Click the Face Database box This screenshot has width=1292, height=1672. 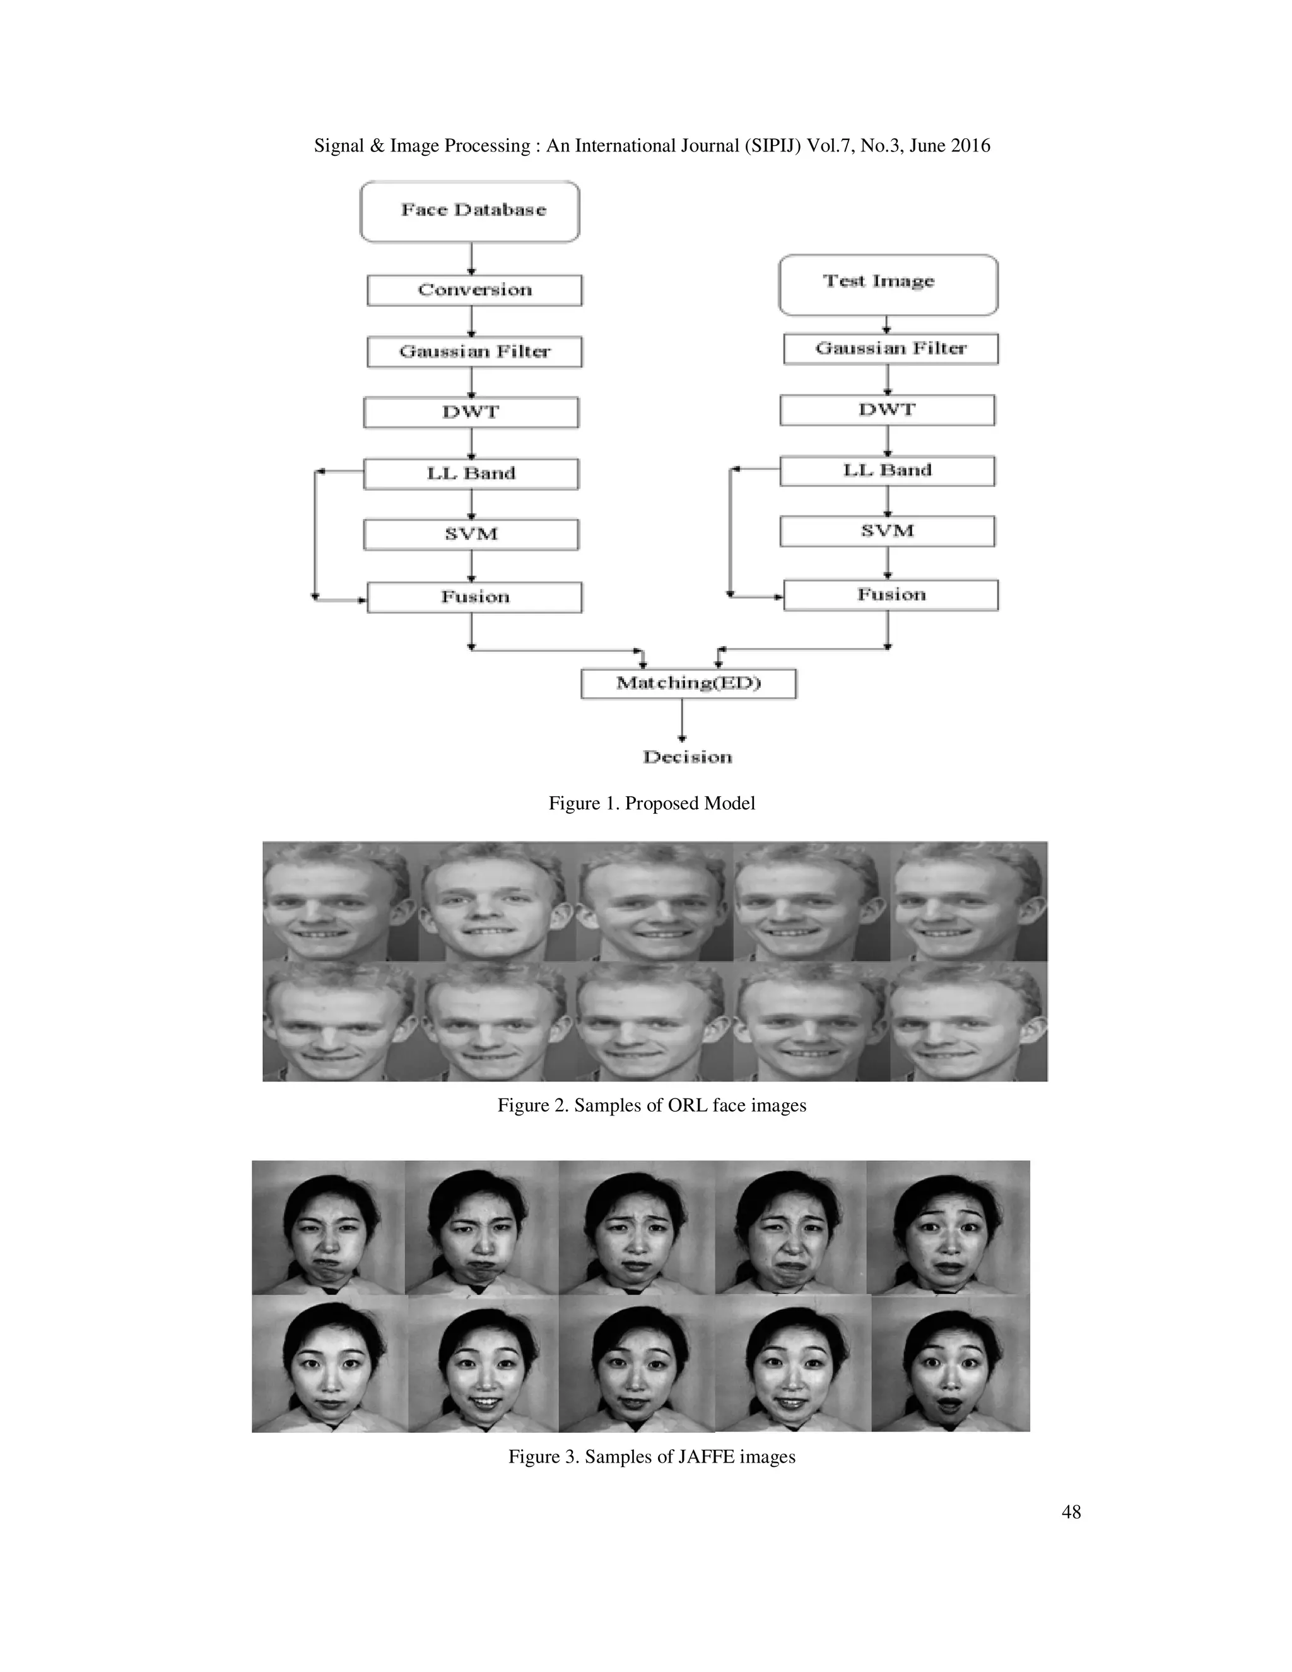[x=469, y=211]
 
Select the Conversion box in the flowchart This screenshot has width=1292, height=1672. [x=474, y=290]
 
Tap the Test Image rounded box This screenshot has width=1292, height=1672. [x=888, y=284]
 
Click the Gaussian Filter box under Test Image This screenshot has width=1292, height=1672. [x=890, y=348]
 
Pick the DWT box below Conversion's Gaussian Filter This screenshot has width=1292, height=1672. [x=471, y=412]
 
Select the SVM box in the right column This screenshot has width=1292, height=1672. [x=887, y=531]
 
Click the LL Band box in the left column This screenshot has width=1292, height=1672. [x=471, y=473]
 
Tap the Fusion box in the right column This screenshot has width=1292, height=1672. [x=890, y=595]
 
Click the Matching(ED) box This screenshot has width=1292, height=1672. [x=688, y=683]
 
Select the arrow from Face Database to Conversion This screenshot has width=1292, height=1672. [x=471, y=259]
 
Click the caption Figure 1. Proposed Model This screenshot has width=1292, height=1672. [x=651, y=803]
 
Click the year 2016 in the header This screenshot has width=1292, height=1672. [x=970, y=146]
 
